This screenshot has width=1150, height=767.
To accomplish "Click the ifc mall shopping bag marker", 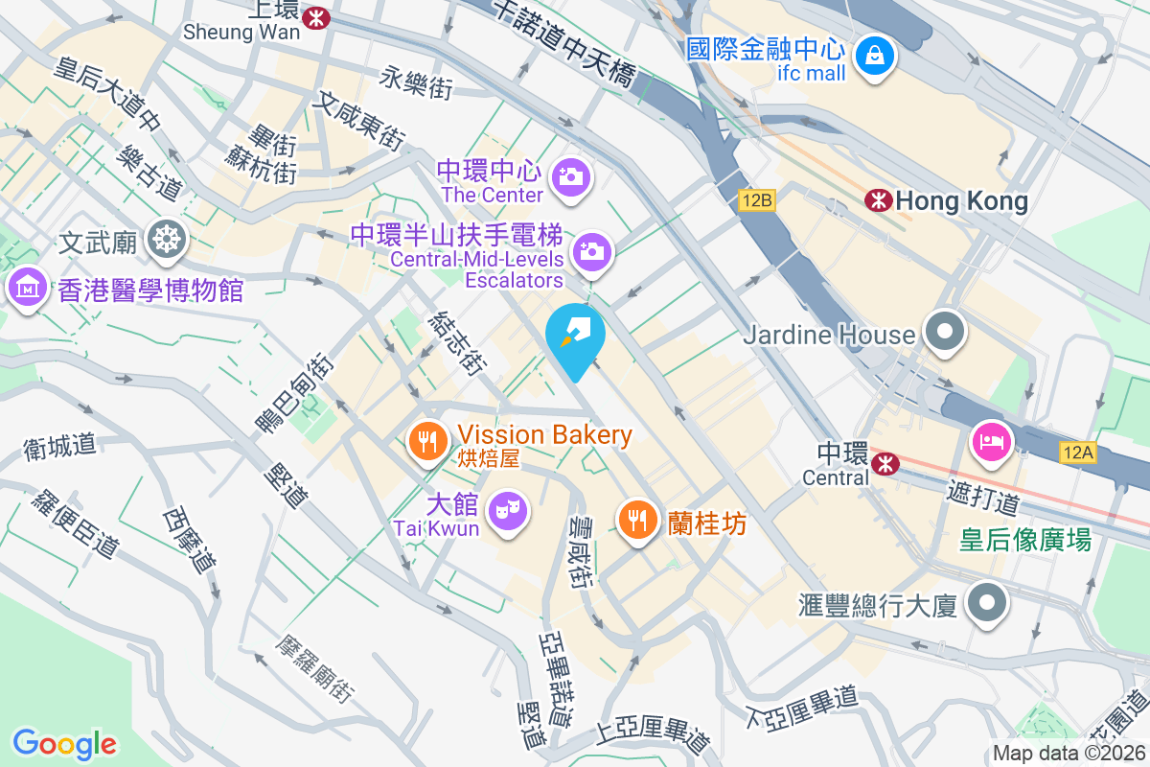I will pos(875,55).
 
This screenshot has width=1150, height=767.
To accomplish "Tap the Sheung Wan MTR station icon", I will pos(314,16).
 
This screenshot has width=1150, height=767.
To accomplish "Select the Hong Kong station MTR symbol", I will pos(877,200).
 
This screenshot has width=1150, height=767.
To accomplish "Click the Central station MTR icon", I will pos(885,464).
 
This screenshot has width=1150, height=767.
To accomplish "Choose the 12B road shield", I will pos(755,200).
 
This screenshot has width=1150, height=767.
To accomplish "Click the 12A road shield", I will pos(1077,452).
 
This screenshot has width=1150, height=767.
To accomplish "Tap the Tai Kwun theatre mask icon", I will pos(505,508).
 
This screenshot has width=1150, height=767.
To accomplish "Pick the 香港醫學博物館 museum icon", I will pos(28,286).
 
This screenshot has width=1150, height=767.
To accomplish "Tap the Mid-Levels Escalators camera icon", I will pos(591,251).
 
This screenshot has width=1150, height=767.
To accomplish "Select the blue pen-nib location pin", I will pos(575,335).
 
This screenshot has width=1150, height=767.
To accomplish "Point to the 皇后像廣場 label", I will pos(1025,540).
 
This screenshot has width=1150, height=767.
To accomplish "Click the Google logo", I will pos(64,744).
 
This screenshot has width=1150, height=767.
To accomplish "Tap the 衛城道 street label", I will pos(59,446).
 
